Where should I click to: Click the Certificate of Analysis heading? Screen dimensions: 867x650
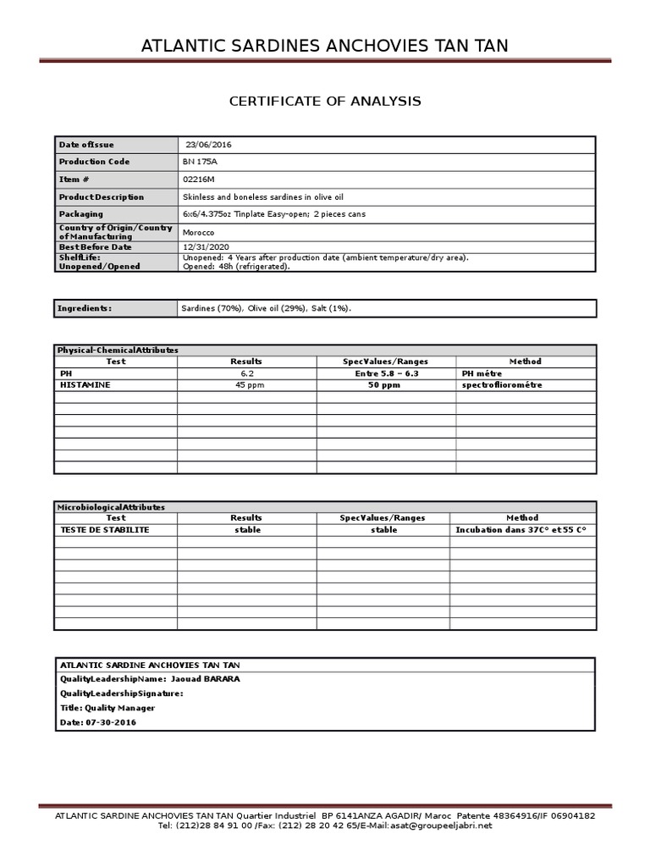[325, 102]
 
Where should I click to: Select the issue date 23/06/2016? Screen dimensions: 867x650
[208, 145]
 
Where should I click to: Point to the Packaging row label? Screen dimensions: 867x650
[81, 214]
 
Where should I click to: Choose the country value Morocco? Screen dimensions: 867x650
[199, 232]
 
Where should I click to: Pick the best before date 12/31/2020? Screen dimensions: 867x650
[207, 246]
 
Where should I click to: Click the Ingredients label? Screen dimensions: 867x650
[85, 308]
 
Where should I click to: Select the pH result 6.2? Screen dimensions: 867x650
[246, 373]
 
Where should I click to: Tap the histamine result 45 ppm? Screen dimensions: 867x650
[246, 385]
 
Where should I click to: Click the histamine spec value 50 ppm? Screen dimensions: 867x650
[383, 385]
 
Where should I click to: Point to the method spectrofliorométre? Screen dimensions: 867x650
[502, 385]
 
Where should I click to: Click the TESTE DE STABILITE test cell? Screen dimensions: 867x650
[105, 530]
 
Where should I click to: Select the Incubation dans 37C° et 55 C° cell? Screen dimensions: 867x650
[521, 530]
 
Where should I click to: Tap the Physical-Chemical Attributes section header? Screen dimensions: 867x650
[118, 350]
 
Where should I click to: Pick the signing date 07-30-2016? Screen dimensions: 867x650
[111, 722]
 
